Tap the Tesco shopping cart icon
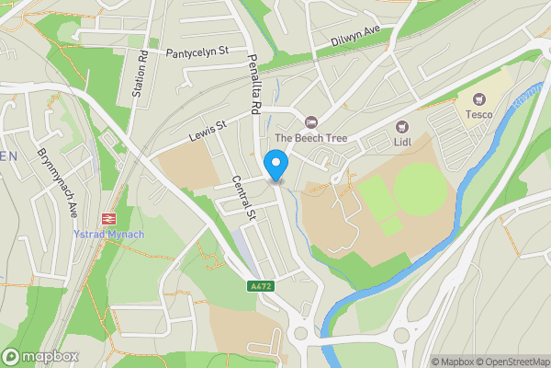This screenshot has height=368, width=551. [478, 98]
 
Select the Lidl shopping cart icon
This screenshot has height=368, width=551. [401, 126]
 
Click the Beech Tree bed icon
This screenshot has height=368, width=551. [311, 121]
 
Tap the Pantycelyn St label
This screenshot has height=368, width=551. [196, 54]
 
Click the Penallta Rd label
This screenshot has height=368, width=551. [254, 85]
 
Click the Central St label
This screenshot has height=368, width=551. [242, 199]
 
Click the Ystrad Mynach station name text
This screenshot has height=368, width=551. [109, 234]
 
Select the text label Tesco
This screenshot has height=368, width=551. [478, 114]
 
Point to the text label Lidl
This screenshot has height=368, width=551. [401, 142]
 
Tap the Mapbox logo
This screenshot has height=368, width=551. [41, 356]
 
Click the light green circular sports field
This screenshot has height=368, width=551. [422, 190]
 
